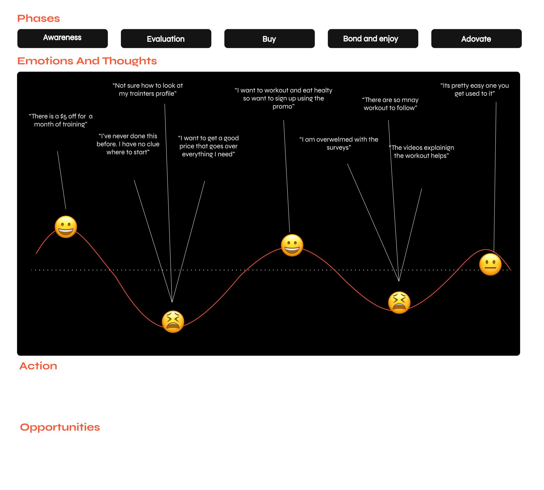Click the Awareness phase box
[62, 39]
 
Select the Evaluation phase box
[166, 39]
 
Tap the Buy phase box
[269, 39]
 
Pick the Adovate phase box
[476, 39]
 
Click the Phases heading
[39, 18]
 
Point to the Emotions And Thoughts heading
[87, 61]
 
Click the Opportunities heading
[60, 427]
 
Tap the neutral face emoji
[490, 264]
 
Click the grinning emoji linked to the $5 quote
[66, 227]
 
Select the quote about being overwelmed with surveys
[339, 143]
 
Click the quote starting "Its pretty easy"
[475, 89]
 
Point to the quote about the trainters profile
[147, 89]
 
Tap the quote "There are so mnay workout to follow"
[390, 104]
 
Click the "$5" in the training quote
[63, 117]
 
